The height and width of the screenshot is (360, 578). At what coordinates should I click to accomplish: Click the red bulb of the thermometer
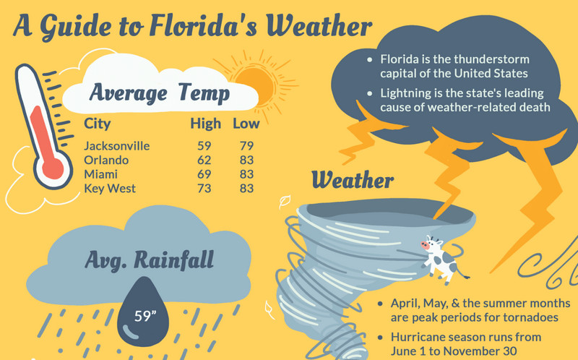(52, 168)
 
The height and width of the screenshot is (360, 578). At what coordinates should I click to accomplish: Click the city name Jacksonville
(116, 145)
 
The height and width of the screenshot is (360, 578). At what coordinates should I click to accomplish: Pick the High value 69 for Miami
(204, 174)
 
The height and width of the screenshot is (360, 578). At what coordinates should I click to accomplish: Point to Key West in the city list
(110, 189)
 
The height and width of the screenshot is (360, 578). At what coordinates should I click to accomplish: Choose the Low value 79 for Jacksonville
(246, 145)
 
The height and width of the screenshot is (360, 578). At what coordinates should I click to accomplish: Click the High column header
(205, 124)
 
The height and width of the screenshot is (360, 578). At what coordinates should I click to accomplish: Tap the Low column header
(246, 124)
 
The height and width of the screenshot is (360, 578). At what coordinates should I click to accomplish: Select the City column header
(98, 124)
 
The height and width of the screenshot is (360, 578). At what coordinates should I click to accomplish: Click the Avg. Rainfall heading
(149, 258)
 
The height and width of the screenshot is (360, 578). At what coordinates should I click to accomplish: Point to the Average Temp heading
(160, 93)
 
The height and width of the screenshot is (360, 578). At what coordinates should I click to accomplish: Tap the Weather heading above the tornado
(353, 179)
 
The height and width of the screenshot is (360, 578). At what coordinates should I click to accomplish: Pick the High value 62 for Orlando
(204, 160)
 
